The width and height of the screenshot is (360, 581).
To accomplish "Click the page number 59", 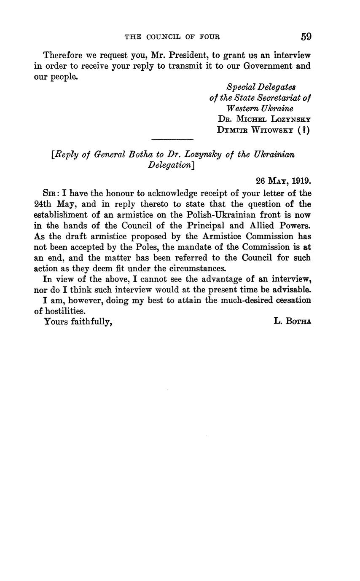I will pyautogui.click(x=306, y=37).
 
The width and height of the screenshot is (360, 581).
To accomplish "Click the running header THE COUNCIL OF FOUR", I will pyautogui.click(x=172, y=37).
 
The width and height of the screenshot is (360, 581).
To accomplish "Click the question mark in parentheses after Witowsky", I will pyautogui.click(x=304, y=130).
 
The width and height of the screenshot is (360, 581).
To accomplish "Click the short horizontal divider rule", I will pyautogui.click(x=172, y=139).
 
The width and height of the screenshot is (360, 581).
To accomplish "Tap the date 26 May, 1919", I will pyautogui.click(x=283, y=181).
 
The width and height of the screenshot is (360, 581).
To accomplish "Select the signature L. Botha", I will pyautogui.click(x=292, y=321).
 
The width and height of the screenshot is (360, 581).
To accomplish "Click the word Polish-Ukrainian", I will pyautogui.click(x=216, y=215).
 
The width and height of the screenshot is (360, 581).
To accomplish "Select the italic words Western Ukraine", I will pyautogui.click(x=260, y=108).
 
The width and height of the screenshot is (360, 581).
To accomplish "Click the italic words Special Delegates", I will pyautogui.click(x=261, y=87).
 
